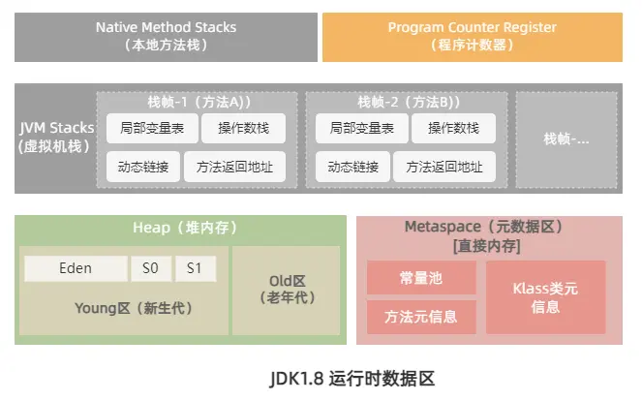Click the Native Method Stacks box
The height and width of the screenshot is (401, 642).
[x=166, y=37]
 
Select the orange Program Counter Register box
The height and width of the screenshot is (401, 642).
[x=472, y=37]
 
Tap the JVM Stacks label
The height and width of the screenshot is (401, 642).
[x=53, y=137]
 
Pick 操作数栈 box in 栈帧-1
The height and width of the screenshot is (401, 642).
[x=244, y=128]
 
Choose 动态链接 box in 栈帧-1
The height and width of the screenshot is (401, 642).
[x=141, y=167]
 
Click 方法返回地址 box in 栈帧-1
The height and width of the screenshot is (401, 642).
[x=233, y=167]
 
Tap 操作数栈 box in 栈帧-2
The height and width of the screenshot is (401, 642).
[x=453, y=128]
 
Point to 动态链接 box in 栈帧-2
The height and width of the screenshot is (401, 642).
[x=352, y=167]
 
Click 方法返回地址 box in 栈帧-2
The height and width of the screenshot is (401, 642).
[x=443, y=167]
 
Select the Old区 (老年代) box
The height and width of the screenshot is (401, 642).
[x=286, y=289]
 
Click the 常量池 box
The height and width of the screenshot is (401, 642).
[x=421, y=278]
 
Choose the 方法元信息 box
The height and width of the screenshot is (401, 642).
[x=421, y=316]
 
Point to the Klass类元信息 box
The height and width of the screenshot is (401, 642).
[x=545, y=296]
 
